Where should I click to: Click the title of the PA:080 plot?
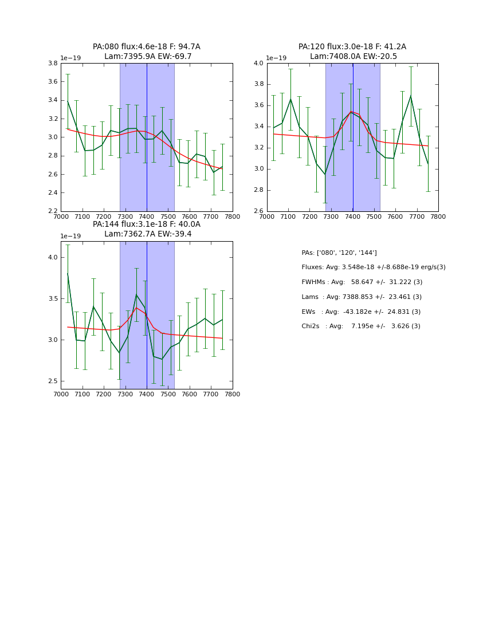pyautogui.click(x=147, y=52)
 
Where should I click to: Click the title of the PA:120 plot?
pyautogui.click(x=352, y=52)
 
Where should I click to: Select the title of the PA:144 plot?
pyautogui.click(x=147, y=229)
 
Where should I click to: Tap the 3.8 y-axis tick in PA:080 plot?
pyautogui.click(x=52, y=64)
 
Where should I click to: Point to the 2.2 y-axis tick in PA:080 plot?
pyautogui.click(x=52, y=211)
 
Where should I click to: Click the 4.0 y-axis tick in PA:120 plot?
pyautogui.click(x=258, y=64)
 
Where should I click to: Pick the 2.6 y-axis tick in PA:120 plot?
pyautogui.click(x=258, y=211)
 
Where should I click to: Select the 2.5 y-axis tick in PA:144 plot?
pyautogui.click(x=52, y=381)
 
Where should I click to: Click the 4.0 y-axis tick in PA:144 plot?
pyautogui.click(x=52, y=258)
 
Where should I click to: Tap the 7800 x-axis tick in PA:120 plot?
pyautogui.click(x=438, y=216)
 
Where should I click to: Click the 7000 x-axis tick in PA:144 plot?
pyautogui.click(x=61, y=394)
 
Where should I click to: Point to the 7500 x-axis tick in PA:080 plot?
pyautogui.click(x=168, y=216)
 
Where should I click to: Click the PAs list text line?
pyautogui.click(x=339, y=253)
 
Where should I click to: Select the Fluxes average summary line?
pyautogui.click(x=374, y=267)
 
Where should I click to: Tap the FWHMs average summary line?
pyautogui.click(x=362, y=282)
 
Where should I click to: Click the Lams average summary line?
pyautogui.click(x=362, y=297)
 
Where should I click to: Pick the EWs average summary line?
pyautogui.click(x=361, y=312)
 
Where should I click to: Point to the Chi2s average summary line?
pyautogui.click(x=361, y=326)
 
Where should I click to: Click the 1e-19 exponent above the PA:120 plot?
pyautogui.click(x=276, y=58)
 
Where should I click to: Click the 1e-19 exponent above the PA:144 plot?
pyautogui.click(x=70, y=236)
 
